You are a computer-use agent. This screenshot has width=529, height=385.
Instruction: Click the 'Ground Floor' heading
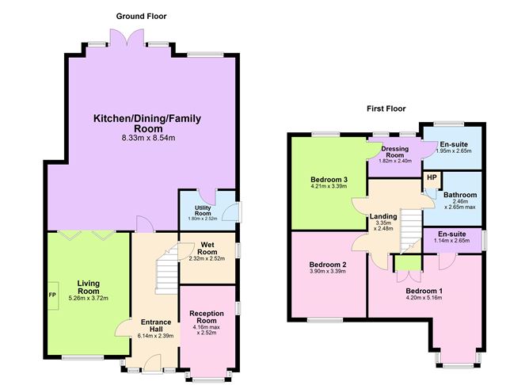[x=141, y=16]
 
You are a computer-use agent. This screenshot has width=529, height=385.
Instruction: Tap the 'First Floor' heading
[x=386, y=109]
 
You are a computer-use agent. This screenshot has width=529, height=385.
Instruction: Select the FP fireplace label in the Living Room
[x=52, y=295]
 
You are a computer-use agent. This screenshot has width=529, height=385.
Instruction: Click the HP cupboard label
[x=432, y=177]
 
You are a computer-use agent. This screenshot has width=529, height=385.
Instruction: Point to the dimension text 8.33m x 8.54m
[x=148, y=138]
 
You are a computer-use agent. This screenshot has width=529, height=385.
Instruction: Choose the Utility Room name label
[x=203, y=211]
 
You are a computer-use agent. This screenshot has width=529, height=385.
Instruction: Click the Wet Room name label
[x=207, y=248]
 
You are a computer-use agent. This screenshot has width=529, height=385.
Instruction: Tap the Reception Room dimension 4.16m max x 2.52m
[x=207, y=330]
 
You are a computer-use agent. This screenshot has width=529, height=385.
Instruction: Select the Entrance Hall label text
[x=156, y=326]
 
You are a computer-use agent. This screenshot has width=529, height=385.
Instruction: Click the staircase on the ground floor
[x=166, y=269]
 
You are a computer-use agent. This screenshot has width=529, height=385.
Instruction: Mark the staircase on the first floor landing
[x=411, y=231]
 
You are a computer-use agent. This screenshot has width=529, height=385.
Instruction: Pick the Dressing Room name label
[x=394, y=152]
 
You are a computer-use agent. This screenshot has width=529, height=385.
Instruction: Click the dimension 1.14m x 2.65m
[x=451, y=241]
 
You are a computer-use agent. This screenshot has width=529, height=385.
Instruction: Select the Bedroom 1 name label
[x=424, y=291]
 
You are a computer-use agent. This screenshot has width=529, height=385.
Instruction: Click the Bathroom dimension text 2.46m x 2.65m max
[x=460, y=204]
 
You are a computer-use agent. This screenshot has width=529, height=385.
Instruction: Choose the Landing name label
[x=383, y=216]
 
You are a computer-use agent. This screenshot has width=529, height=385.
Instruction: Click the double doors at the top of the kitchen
[x=127, y=37]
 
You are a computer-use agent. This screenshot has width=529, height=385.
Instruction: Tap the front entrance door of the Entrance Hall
[x=153, y=364]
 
